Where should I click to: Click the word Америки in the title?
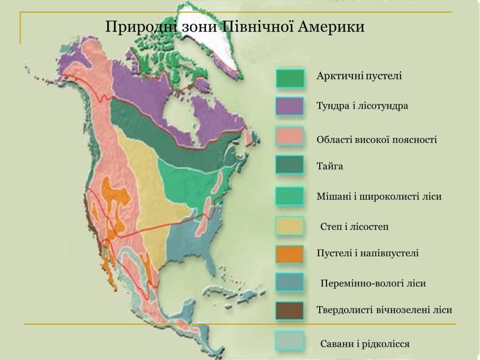tap(332, 26)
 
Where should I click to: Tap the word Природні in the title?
tap(135, 26)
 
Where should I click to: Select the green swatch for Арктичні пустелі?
tap(290, 78)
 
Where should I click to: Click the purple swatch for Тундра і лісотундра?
tap(290, 106)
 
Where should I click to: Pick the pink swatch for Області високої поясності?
tap(290, 137)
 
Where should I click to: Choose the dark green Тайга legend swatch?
tap(290, 166)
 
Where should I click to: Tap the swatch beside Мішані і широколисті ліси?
tap(290, 196)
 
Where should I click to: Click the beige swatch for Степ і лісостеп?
tap(290, 226)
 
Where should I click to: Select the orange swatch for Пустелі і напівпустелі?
tap(290, 254)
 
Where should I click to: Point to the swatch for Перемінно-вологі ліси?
tap(290, 283)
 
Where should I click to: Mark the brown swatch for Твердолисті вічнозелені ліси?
tap(290, 310)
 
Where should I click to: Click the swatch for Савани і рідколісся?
tap(290, 342)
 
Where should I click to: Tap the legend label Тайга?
tap(330, 167)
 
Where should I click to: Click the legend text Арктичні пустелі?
tap(359, 76)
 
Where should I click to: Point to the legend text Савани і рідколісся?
tap(365, 344)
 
